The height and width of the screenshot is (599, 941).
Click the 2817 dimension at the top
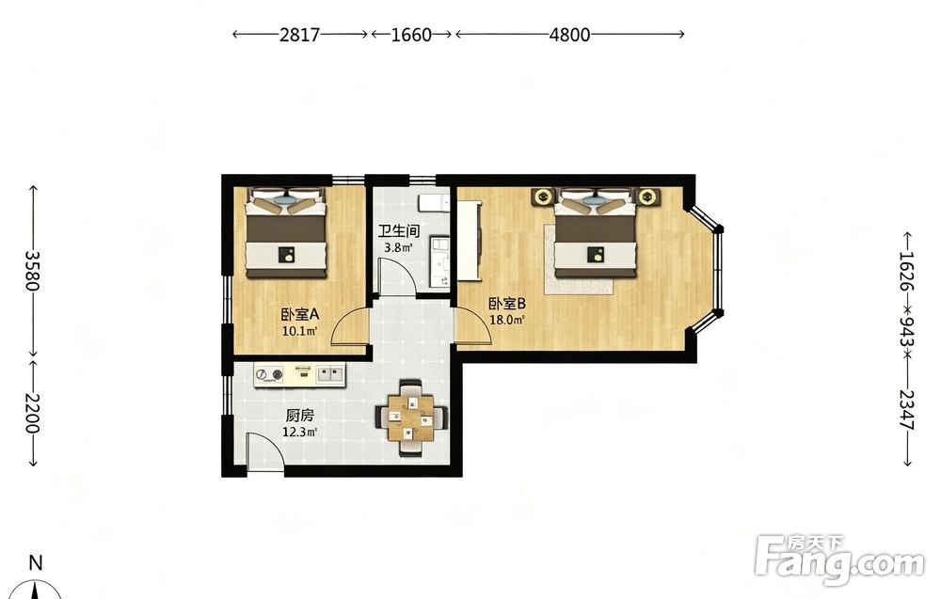coord(299,35)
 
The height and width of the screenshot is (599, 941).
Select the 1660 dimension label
coord(411,35)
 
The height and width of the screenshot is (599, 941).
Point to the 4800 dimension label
coord(569,35)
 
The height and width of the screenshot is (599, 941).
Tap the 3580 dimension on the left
coord(32,271)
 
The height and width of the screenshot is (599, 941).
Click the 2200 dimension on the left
coord(32,414)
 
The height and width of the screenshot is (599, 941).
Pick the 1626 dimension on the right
coord(907,271)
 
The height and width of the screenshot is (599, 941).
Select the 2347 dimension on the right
coord(907,410)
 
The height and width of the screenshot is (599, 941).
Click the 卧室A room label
coord(299,314)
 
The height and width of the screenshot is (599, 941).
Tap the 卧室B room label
coord(507,304)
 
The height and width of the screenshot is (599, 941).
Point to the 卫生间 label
coord(398,230)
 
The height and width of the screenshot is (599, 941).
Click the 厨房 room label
coord(299,415)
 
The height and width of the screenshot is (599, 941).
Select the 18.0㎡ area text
coord(507,320)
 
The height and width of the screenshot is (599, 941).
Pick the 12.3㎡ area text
coord(299,431)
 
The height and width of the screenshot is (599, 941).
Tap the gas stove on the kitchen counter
coord(269,375)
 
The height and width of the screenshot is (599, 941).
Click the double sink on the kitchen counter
coord(329,375)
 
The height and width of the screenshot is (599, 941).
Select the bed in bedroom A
coord(286,233)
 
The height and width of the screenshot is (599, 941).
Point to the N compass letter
coord(36,563)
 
